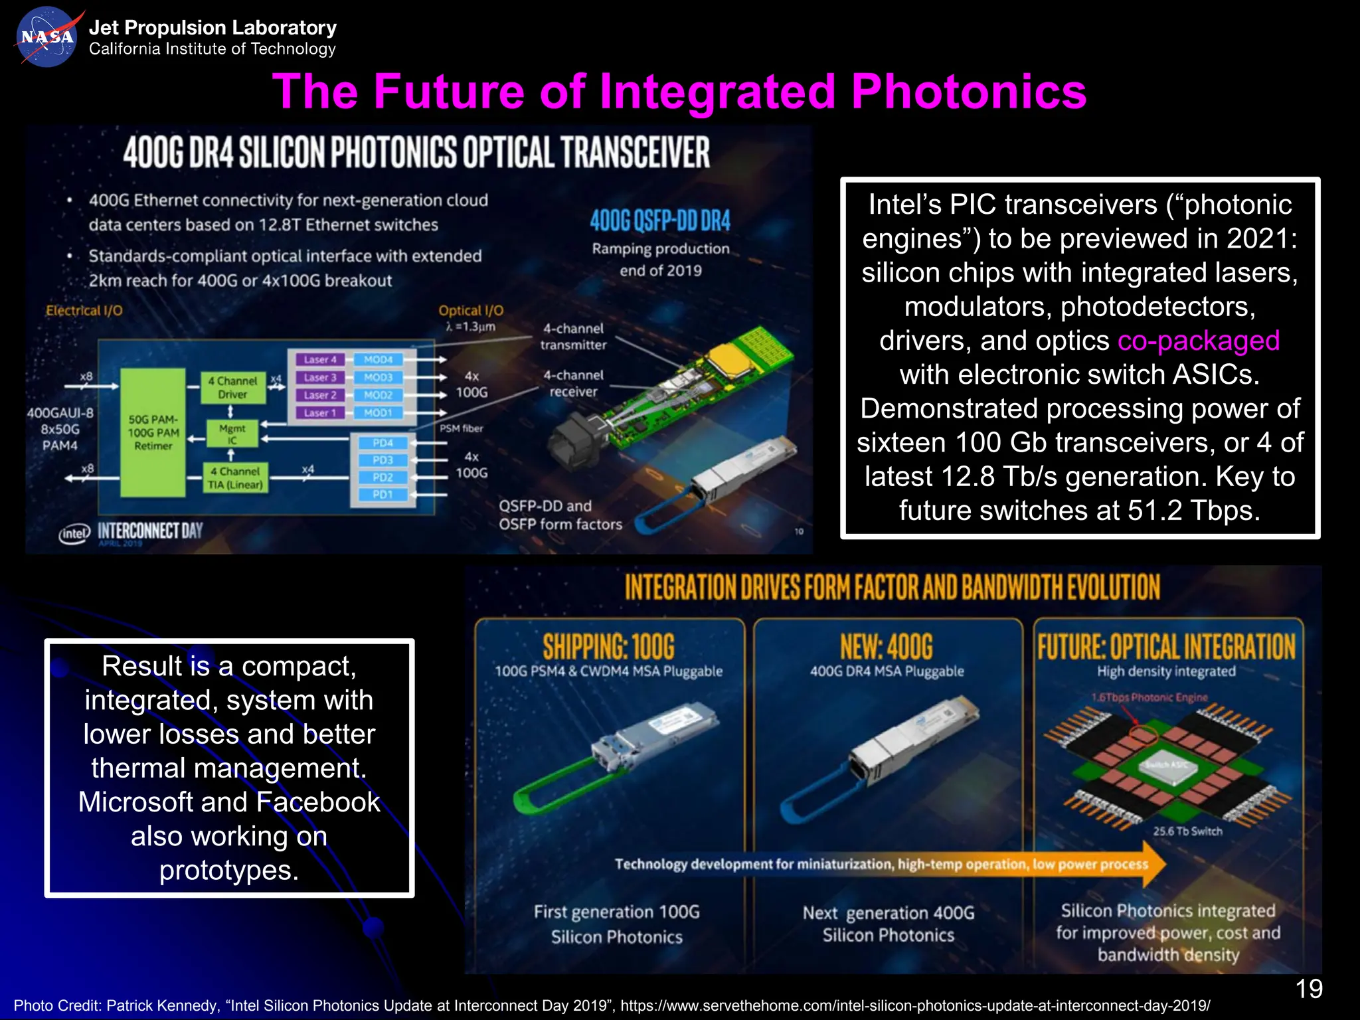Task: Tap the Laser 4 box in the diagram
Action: (x=319, y=359)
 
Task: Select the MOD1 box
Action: (x=378, y=412)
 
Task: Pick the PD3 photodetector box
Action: (x=382, y=460)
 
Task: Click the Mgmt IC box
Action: (x=232, y=434)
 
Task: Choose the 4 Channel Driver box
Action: (x=232, y=387)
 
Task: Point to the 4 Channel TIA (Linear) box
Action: (x=235, y=477)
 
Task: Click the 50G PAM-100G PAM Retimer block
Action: (x=153, y=432)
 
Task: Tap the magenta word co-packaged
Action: (x=1198, y=341)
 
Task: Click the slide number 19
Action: (x=1308, y=989)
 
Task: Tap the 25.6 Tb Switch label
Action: (x=1187, y=831)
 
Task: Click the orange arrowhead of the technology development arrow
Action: (x=1154, y=864)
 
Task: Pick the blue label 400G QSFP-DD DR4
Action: (x=660, y=220)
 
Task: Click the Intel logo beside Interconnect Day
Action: (x=74, y=533)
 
